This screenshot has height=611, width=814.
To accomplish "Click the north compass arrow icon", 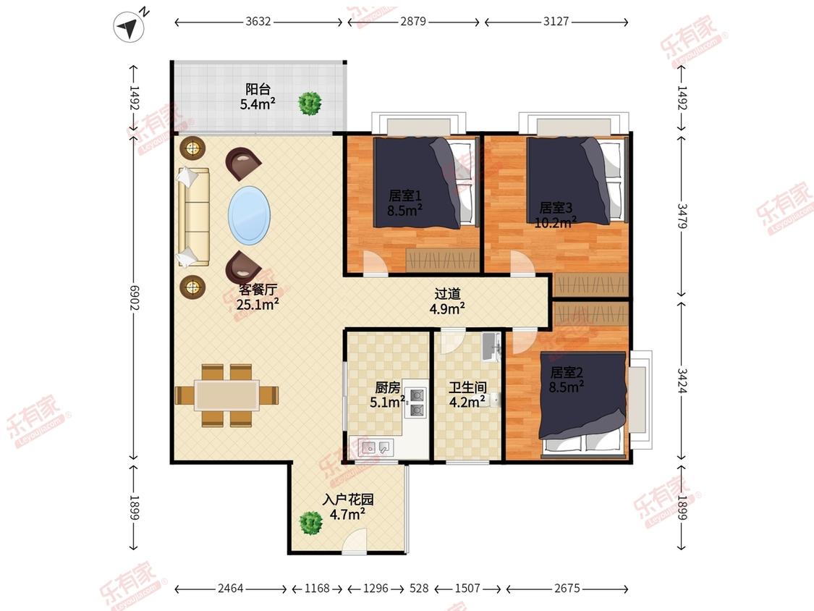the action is [x=129, y=27].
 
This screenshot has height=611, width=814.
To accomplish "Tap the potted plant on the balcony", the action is [x=310, y=104].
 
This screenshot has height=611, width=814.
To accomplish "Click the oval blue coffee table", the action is [x=249, y=215].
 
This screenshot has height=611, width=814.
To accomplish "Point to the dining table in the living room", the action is [x=227, y=395].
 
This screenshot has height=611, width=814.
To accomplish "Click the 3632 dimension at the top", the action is [x=258, y=21].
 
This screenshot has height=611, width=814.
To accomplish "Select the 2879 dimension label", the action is [x=413, y=21].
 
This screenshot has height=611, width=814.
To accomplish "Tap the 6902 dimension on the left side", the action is [x=134, y=297].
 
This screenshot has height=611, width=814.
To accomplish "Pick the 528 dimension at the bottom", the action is [x=419, y=588].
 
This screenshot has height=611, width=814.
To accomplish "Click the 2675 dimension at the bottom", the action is [x=567, y=588].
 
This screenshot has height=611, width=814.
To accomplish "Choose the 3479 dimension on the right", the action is [x=682, y=216].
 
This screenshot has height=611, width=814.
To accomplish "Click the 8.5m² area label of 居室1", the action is [x=404, y=210].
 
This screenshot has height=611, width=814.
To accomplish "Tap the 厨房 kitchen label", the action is [x=387, y=387].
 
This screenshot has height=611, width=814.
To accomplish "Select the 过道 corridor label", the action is [x=447, y=294].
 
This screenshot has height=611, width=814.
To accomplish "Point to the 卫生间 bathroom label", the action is [x=467, y=387].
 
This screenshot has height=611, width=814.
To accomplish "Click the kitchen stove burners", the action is [x=416, y=403].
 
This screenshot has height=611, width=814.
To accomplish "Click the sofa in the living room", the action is [x=194, y=216].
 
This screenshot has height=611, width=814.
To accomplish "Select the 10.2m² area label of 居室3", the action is [x=556, y=222].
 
